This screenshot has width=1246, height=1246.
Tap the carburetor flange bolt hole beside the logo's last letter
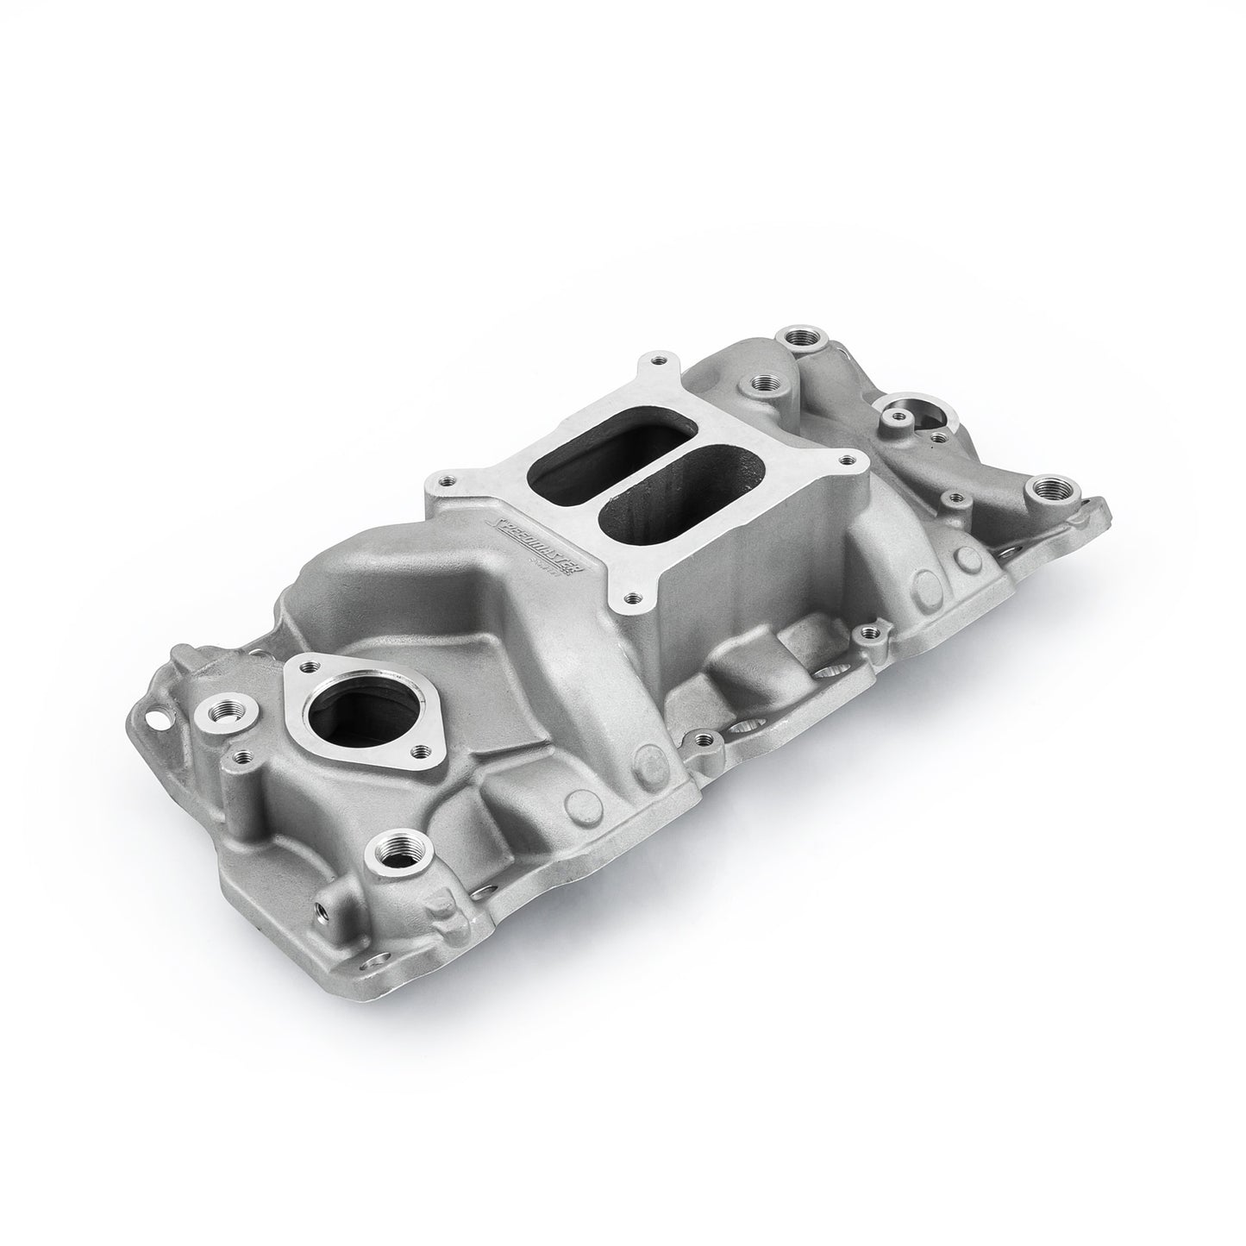[x=635, y=594]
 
